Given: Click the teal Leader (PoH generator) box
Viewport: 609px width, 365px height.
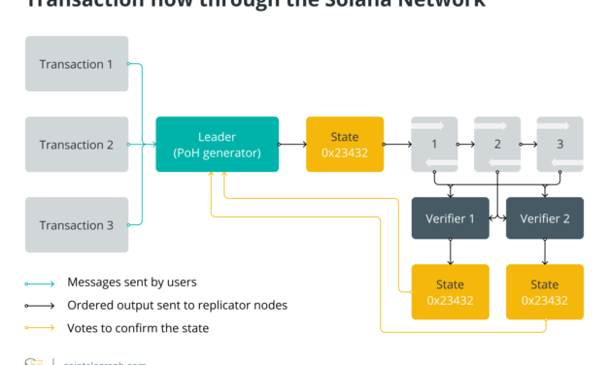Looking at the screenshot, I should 217,145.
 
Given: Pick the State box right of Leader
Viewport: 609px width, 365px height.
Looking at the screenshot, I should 345,145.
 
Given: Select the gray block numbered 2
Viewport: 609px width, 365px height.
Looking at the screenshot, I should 497,145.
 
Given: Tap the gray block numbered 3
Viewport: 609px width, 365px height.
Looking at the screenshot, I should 559,145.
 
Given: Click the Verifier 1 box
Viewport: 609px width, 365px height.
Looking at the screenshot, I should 451,218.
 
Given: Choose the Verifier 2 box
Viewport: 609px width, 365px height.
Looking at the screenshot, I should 545,218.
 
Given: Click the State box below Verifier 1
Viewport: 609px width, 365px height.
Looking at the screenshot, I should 451,292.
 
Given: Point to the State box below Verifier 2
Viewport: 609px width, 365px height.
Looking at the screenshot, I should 545,292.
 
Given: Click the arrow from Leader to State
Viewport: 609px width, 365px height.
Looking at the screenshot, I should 292,145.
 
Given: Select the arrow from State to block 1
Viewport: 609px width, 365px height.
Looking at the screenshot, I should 397,145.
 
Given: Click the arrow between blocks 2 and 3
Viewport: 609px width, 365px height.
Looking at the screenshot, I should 528,145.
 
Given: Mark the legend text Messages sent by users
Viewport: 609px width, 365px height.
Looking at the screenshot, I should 130,282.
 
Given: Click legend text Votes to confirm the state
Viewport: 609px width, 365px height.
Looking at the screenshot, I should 138,328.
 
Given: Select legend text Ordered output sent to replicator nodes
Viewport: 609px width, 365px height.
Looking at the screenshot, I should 177,305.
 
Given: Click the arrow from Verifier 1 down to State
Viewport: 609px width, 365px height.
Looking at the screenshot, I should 451,251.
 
